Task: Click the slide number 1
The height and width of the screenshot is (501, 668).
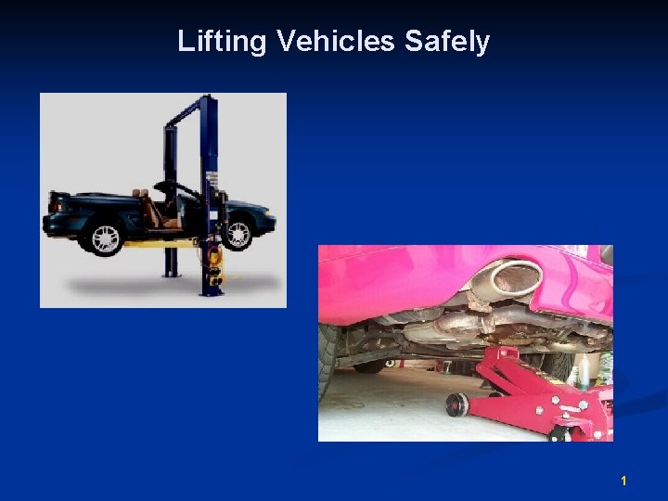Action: [623, 481]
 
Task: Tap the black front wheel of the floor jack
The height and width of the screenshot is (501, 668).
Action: [456, 405]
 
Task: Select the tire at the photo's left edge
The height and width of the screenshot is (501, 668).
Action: [327, 362]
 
